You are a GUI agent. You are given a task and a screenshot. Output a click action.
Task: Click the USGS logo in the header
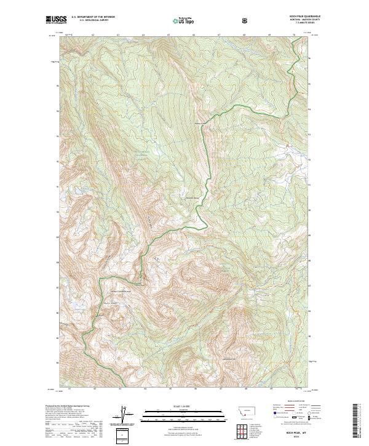click(54, 20)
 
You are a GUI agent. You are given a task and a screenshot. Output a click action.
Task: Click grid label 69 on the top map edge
click(270, 36)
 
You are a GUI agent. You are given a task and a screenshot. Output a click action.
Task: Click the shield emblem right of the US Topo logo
click(245, 21)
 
